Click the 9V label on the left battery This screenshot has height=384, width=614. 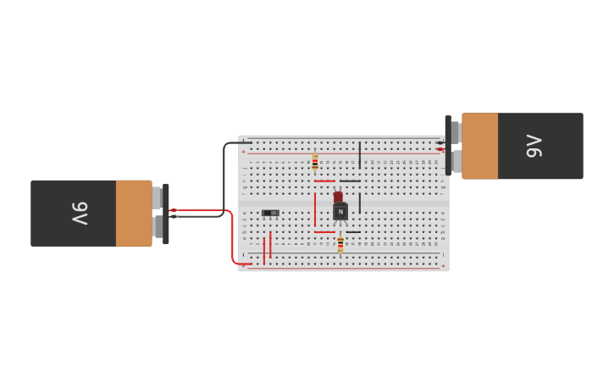click(78, 213)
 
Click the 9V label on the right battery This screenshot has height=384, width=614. click(534, 146)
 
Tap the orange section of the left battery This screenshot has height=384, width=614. click(134, 213)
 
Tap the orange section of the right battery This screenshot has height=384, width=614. click(479, 146)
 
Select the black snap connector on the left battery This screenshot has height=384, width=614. click(166, 213)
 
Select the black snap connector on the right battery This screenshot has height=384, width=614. click(448, 146)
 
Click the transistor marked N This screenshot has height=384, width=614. click(340, 212)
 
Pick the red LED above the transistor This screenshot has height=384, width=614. click(338, 197)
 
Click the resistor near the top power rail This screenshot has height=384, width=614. click(315, 161)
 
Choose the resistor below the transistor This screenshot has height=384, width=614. click(340, 244)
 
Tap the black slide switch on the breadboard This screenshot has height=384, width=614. click(270, 213)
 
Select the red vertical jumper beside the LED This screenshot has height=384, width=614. click(315, 209)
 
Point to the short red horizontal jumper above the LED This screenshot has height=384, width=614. click(324, 181)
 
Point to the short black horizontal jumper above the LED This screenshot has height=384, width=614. click(350, 181)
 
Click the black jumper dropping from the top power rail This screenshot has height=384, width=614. click(360, 154)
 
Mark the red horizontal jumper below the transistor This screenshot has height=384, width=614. click(324, 231)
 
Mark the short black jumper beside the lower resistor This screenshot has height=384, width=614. click(353, 231)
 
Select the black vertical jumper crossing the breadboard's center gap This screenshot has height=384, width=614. click(360, 203)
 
